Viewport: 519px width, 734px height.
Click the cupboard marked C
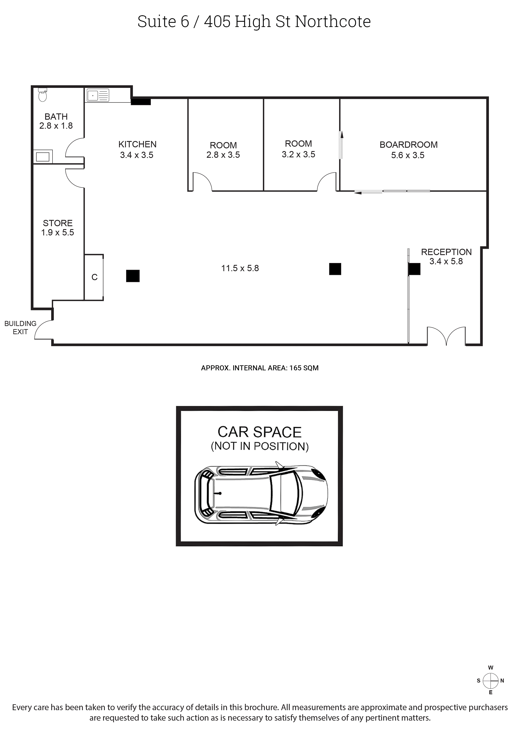tap(94, 277)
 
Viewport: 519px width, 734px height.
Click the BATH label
tap(56, 117)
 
